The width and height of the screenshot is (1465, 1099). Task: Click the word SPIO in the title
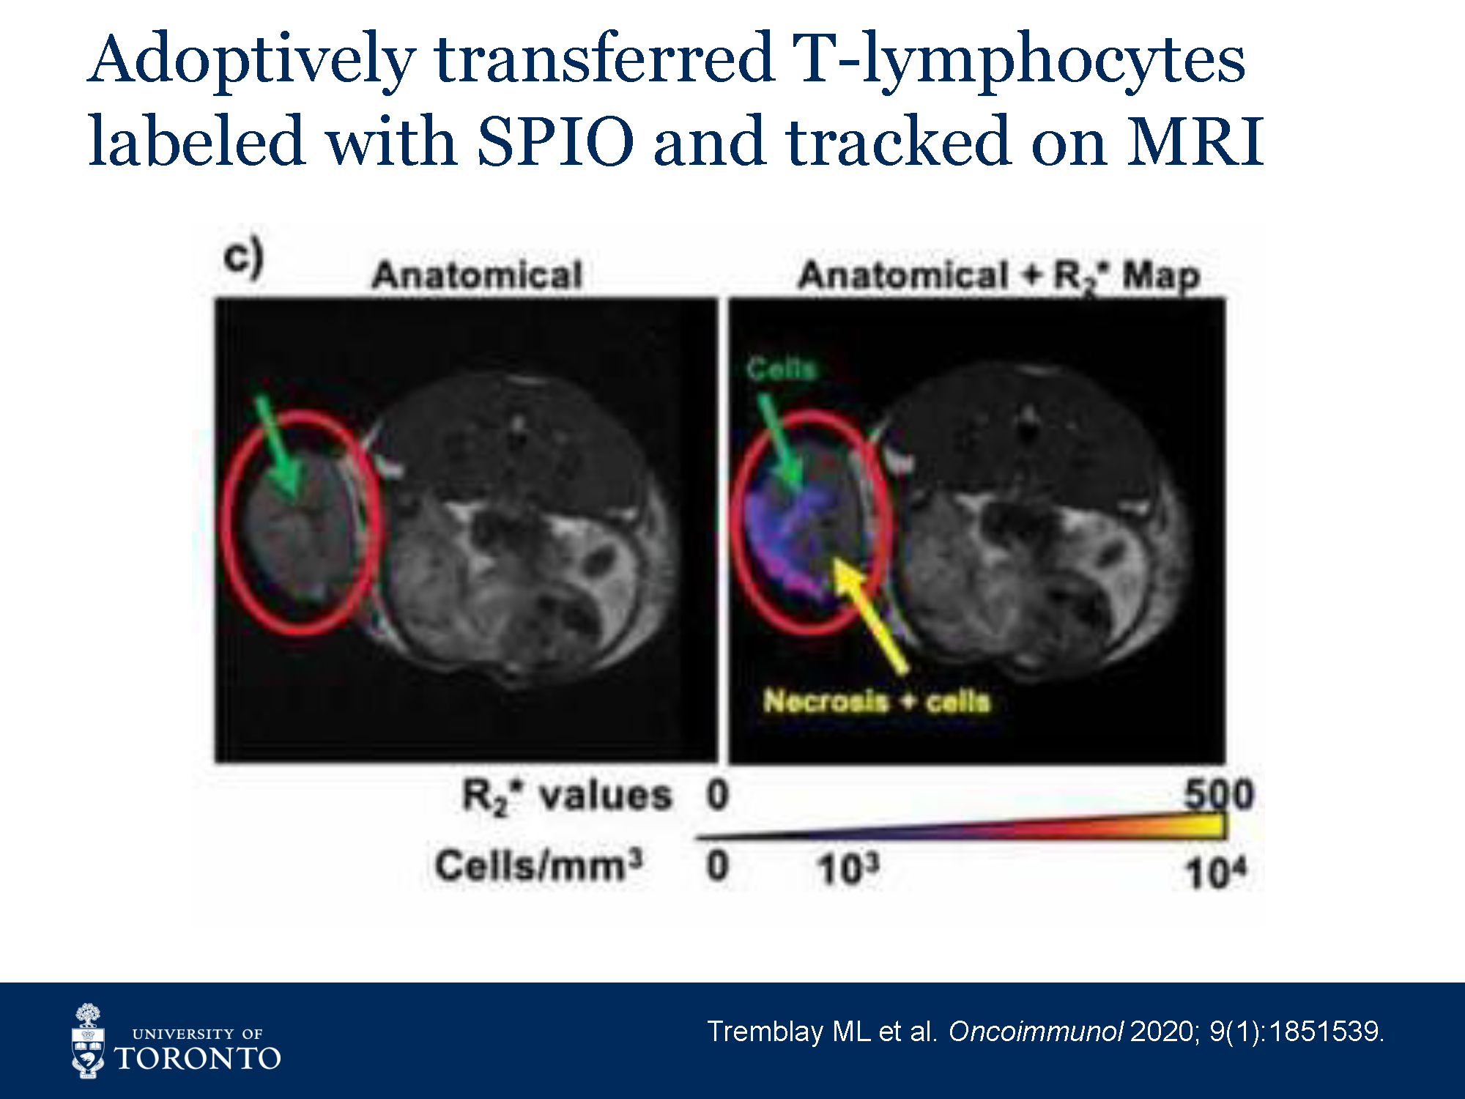pos(556,141)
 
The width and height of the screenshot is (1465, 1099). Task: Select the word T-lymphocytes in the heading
pos(1019,62)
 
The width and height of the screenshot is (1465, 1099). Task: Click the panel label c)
pos(244,257)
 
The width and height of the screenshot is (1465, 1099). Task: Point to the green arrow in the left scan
pos(278,447)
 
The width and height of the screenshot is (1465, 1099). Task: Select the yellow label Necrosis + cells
pos(877,701)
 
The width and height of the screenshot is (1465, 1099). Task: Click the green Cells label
pos(781,368)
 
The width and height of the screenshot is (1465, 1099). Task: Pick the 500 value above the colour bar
pos(1219,794)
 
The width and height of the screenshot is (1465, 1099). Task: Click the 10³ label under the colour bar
pos(848,869)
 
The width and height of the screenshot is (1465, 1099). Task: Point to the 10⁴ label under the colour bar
pos(1216,872)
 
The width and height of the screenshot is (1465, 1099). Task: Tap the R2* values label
pos(566,796)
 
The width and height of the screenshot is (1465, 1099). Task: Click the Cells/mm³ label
pos(538,865)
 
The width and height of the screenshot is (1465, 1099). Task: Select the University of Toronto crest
pos(88,1041)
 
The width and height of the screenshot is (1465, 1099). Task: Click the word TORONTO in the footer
pos(198,1059)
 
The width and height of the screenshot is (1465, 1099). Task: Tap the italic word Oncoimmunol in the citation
pos(1035,1032)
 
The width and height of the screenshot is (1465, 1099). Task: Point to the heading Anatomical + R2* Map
pos(999,276)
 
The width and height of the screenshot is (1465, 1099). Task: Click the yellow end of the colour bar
pos(1212,826)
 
